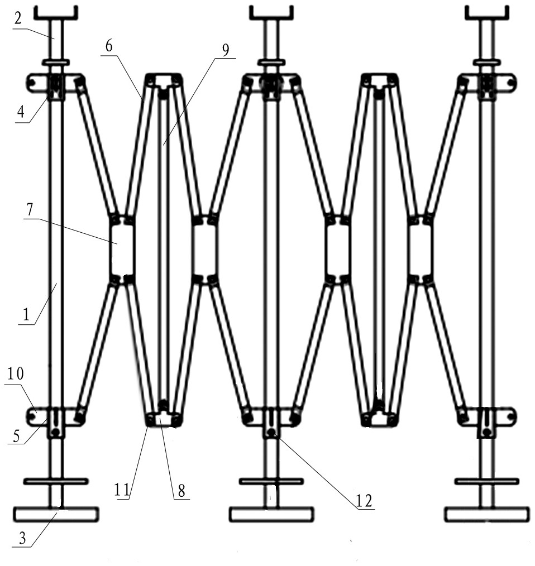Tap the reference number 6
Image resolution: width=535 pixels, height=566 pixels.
click(109, 46)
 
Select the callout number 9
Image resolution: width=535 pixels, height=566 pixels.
click(226, 51)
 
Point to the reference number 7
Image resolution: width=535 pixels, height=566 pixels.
click(29, 210)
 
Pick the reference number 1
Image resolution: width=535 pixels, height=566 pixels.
click(26, 315)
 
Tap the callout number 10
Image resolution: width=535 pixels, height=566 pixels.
click(16, 373)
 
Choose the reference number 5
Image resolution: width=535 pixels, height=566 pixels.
click(16, 436)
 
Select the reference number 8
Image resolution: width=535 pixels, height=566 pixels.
click(181, 491)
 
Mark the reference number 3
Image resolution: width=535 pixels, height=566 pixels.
click(22, 539)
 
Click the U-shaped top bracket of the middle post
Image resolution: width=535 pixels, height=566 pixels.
click(271, 13)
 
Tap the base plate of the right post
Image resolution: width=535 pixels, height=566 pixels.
click(486, 515)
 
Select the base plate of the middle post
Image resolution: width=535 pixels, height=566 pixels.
click(271, 515)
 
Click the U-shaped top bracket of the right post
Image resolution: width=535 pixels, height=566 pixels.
click(486, 13)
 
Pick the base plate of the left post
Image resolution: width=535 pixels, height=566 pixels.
click(56, 515)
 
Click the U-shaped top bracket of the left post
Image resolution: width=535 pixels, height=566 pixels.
click(56, 13)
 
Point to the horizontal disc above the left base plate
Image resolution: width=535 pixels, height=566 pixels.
click(56, 481)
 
